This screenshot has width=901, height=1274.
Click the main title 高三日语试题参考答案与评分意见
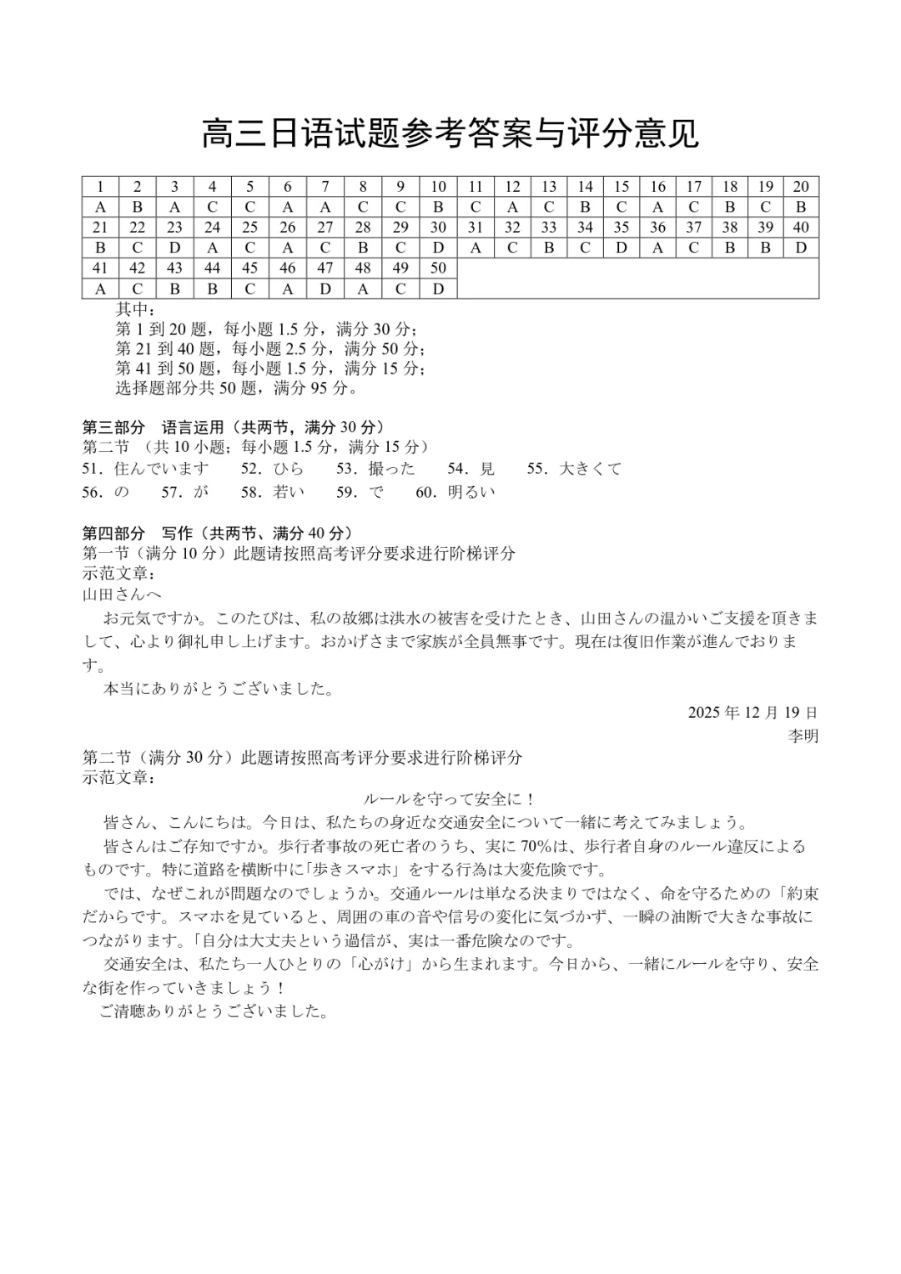pos(450,133)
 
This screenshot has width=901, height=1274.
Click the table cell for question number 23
pos(174,227)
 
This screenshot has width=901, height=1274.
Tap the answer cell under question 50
pos(438,288)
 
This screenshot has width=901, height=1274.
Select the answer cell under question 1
pos(101,207)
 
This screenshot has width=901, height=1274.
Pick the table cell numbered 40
pos(801,227)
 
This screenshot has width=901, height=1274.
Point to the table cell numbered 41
pos(101,268)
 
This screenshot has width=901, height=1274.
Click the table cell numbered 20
pos(801,187)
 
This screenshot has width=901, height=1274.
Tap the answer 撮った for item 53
pos(391,469)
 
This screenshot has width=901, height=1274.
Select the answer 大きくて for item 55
pos(591,469)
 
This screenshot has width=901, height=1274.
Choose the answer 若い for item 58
pos(289,492)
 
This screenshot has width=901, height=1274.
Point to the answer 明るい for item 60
pos(471,492)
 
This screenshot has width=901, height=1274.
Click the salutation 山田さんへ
pos(122,594)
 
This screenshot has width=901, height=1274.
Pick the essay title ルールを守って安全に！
pos(450,799)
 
